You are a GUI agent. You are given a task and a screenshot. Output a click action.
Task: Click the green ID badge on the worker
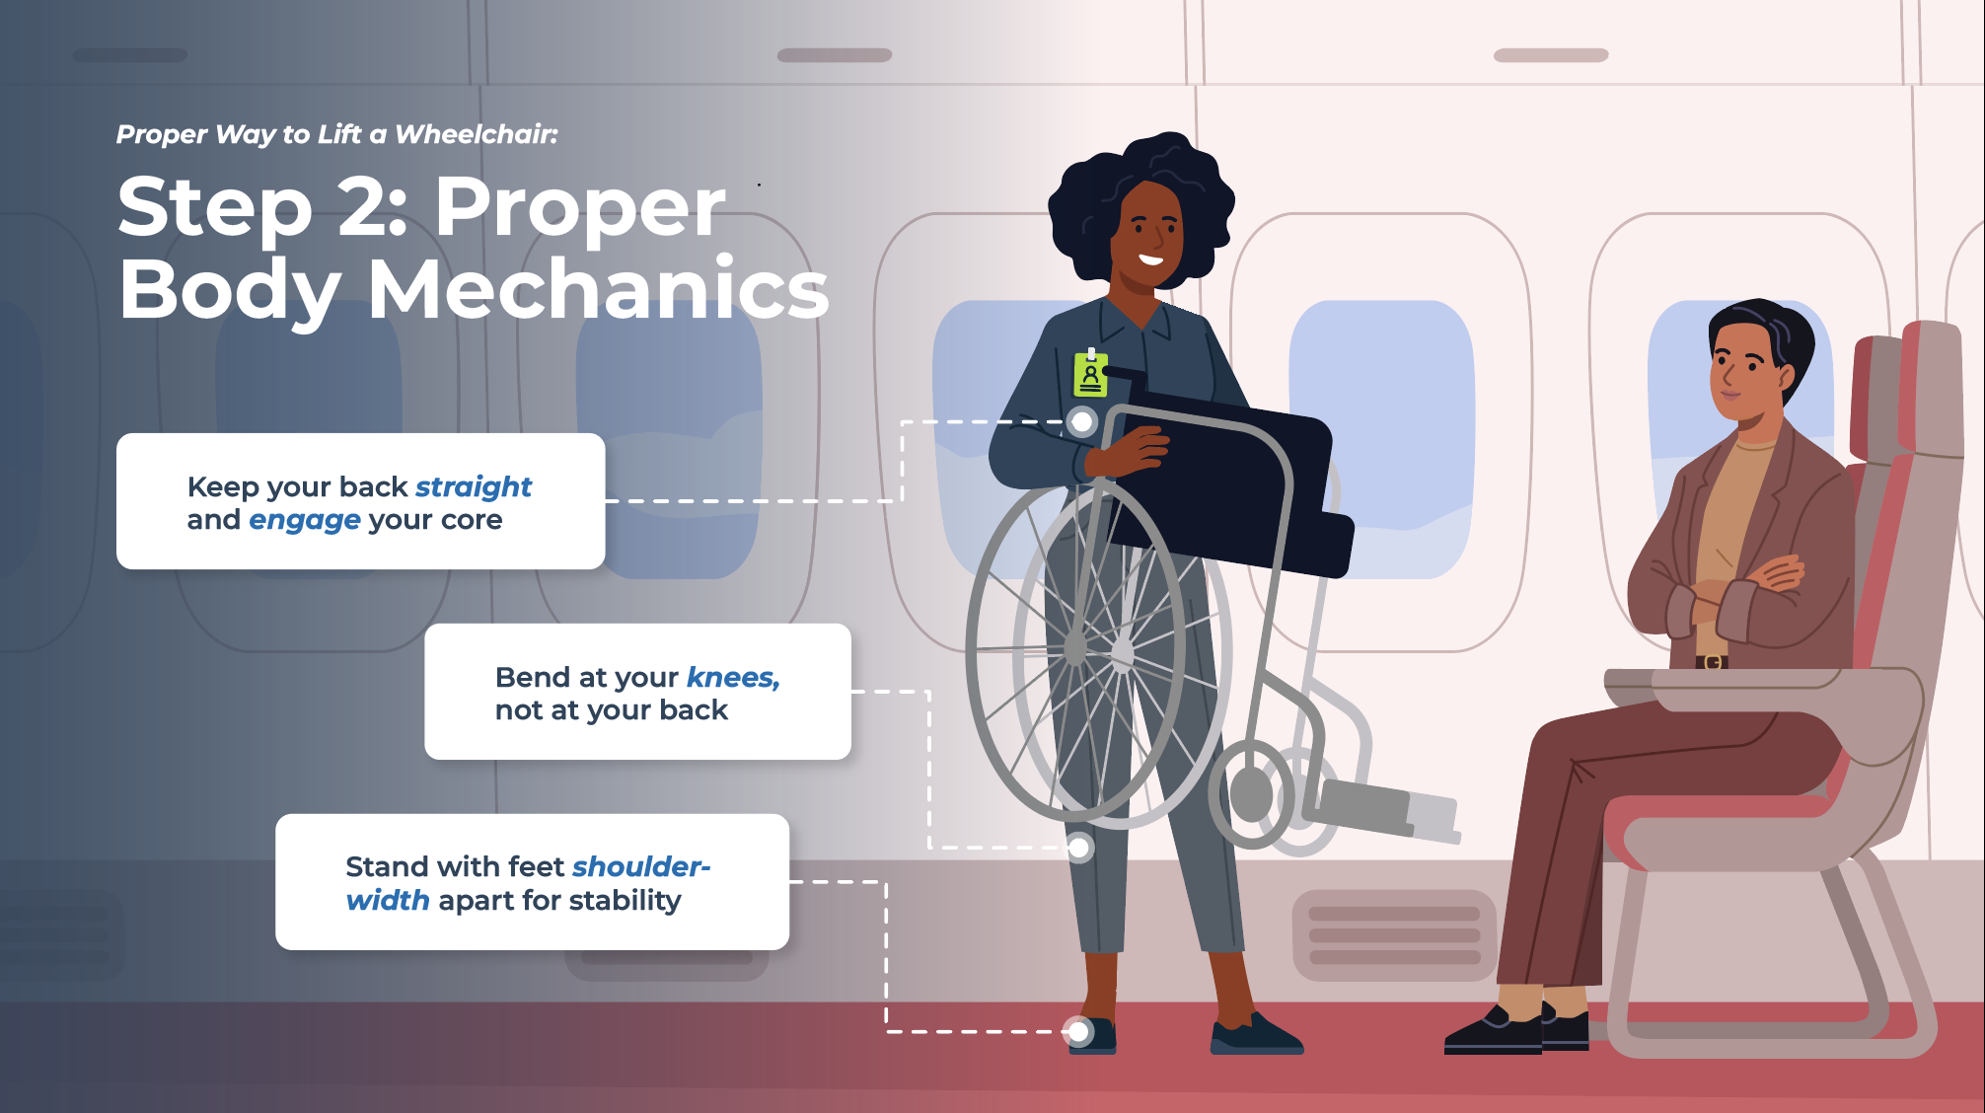pyautogui.click(x=1090, y=374)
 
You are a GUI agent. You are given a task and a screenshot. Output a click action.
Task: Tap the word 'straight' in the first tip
pyautogui.click(x=474, y=487)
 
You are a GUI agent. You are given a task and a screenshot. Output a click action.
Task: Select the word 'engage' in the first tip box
pyautogui.click(x=305, y=521)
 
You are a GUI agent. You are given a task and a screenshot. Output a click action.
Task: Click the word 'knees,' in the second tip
pyautogui.click(x=733, y=678)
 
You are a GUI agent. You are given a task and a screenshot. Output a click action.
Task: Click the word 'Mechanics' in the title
pyautogui.click(x=598, y=290)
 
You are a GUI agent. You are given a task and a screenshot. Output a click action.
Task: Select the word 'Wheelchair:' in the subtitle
pyautogui.click(x=477, y=134)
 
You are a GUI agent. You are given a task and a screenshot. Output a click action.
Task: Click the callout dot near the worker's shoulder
pyautogui.click(x=1082, y=422)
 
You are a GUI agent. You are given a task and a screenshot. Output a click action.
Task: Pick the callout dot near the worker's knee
pyautogui.click(x=1079, y=848)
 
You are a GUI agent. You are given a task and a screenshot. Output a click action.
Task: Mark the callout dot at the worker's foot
pyautogui.click(x=1078, y=1032)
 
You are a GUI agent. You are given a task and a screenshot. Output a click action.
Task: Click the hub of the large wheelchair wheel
pyautogui.click(x=1076, y=649)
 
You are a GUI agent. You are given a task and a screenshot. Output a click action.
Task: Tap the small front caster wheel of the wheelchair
pyautogui.click(x=1251, y=794)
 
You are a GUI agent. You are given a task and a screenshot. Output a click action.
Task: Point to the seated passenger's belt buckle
pyautogui.click(x=1712, y=662)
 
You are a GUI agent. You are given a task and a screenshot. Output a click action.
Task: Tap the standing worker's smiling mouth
pyautogui.click(x=1150, y=260)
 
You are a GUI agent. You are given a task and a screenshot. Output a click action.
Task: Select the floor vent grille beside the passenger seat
pyautogui.click(x=1394, y=935)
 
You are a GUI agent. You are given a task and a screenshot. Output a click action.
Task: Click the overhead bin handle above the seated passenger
pyautogui.click(x=1551, y=55)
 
